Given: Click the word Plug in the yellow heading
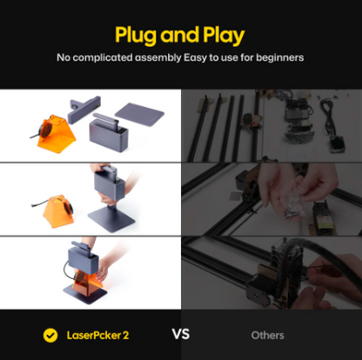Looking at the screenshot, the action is click(136, 36).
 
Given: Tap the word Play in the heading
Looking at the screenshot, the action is click(224, 36).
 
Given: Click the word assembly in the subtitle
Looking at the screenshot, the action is click(158, 58).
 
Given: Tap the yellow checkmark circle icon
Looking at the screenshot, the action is click(50, 336).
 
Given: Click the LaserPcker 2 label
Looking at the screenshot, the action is click(97, 336).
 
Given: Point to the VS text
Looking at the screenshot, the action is click(181, 334).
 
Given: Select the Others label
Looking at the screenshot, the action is click(267, 336).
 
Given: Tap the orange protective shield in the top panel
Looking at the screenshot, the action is click(55, 133).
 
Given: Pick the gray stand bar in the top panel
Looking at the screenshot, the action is click(84, 109).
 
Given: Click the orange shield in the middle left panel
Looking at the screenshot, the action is click(58, 210).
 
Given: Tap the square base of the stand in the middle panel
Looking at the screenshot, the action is click(111, 219).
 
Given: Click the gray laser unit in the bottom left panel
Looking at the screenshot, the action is click(83, 258).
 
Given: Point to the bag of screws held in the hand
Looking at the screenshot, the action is click(294, 204).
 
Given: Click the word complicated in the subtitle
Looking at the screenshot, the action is click(103, 58).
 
